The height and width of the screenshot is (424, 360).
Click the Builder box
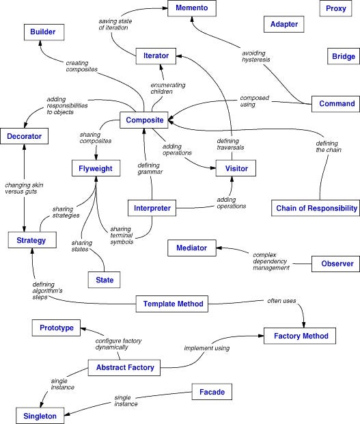[x=46, y=31]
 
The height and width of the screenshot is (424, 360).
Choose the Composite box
[x=144, y=120]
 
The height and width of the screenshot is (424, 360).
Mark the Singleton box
[x=41, y=414]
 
